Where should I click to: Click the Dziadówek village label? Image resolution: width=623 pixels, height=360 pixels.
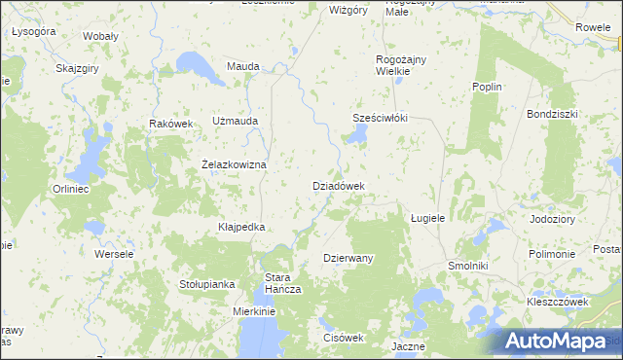pos(338,185)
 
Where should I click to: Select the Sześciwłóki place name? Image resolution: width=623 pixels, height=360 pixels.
pos(379,118)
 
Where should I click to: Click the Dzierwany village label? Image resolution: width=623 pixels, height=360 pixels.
pos(348,258)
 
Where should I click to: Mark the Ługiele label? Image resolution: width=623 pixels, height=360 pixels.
pos(427,218)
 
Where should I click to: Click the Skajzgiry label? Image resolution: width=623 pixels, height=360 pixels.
pos(80,69)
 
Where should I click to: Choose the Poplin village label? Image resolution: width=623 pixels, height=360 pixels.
pos(486,87)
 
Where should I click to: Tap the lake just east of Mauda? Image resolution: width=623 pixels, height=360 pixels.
pos(206,65)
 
